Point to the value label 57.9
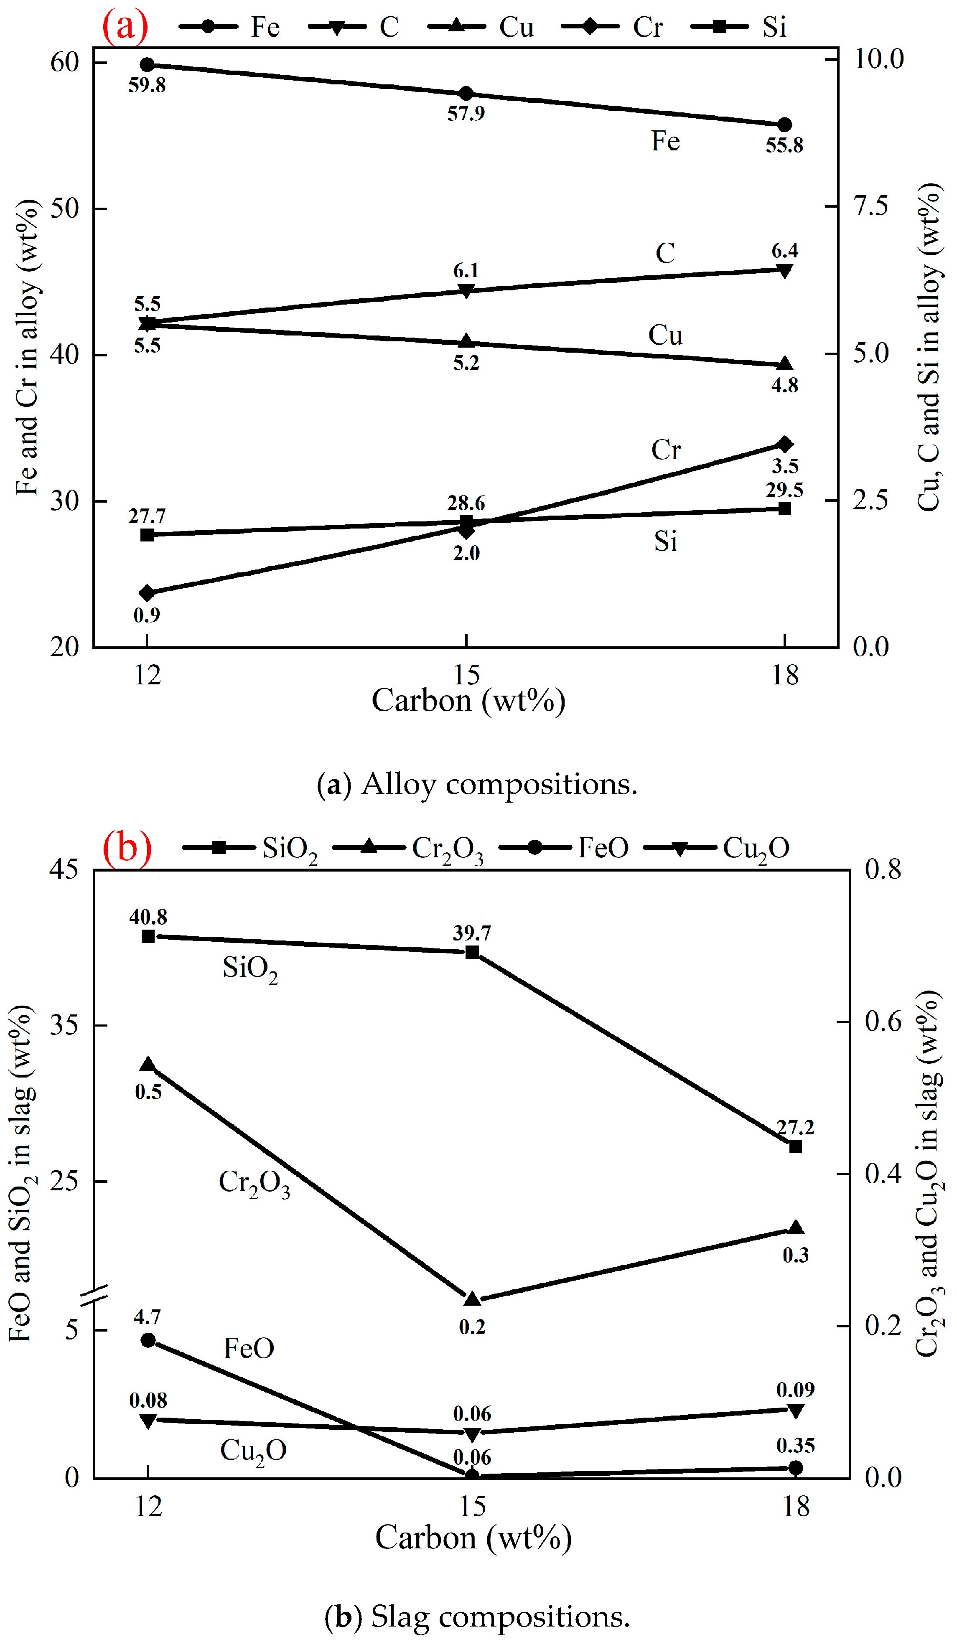466,114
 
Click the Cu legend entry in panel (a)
484,27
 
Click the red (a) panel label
125,26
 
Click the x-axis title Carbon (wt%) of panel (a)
468,701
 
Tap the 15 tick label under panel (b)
472,1506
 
